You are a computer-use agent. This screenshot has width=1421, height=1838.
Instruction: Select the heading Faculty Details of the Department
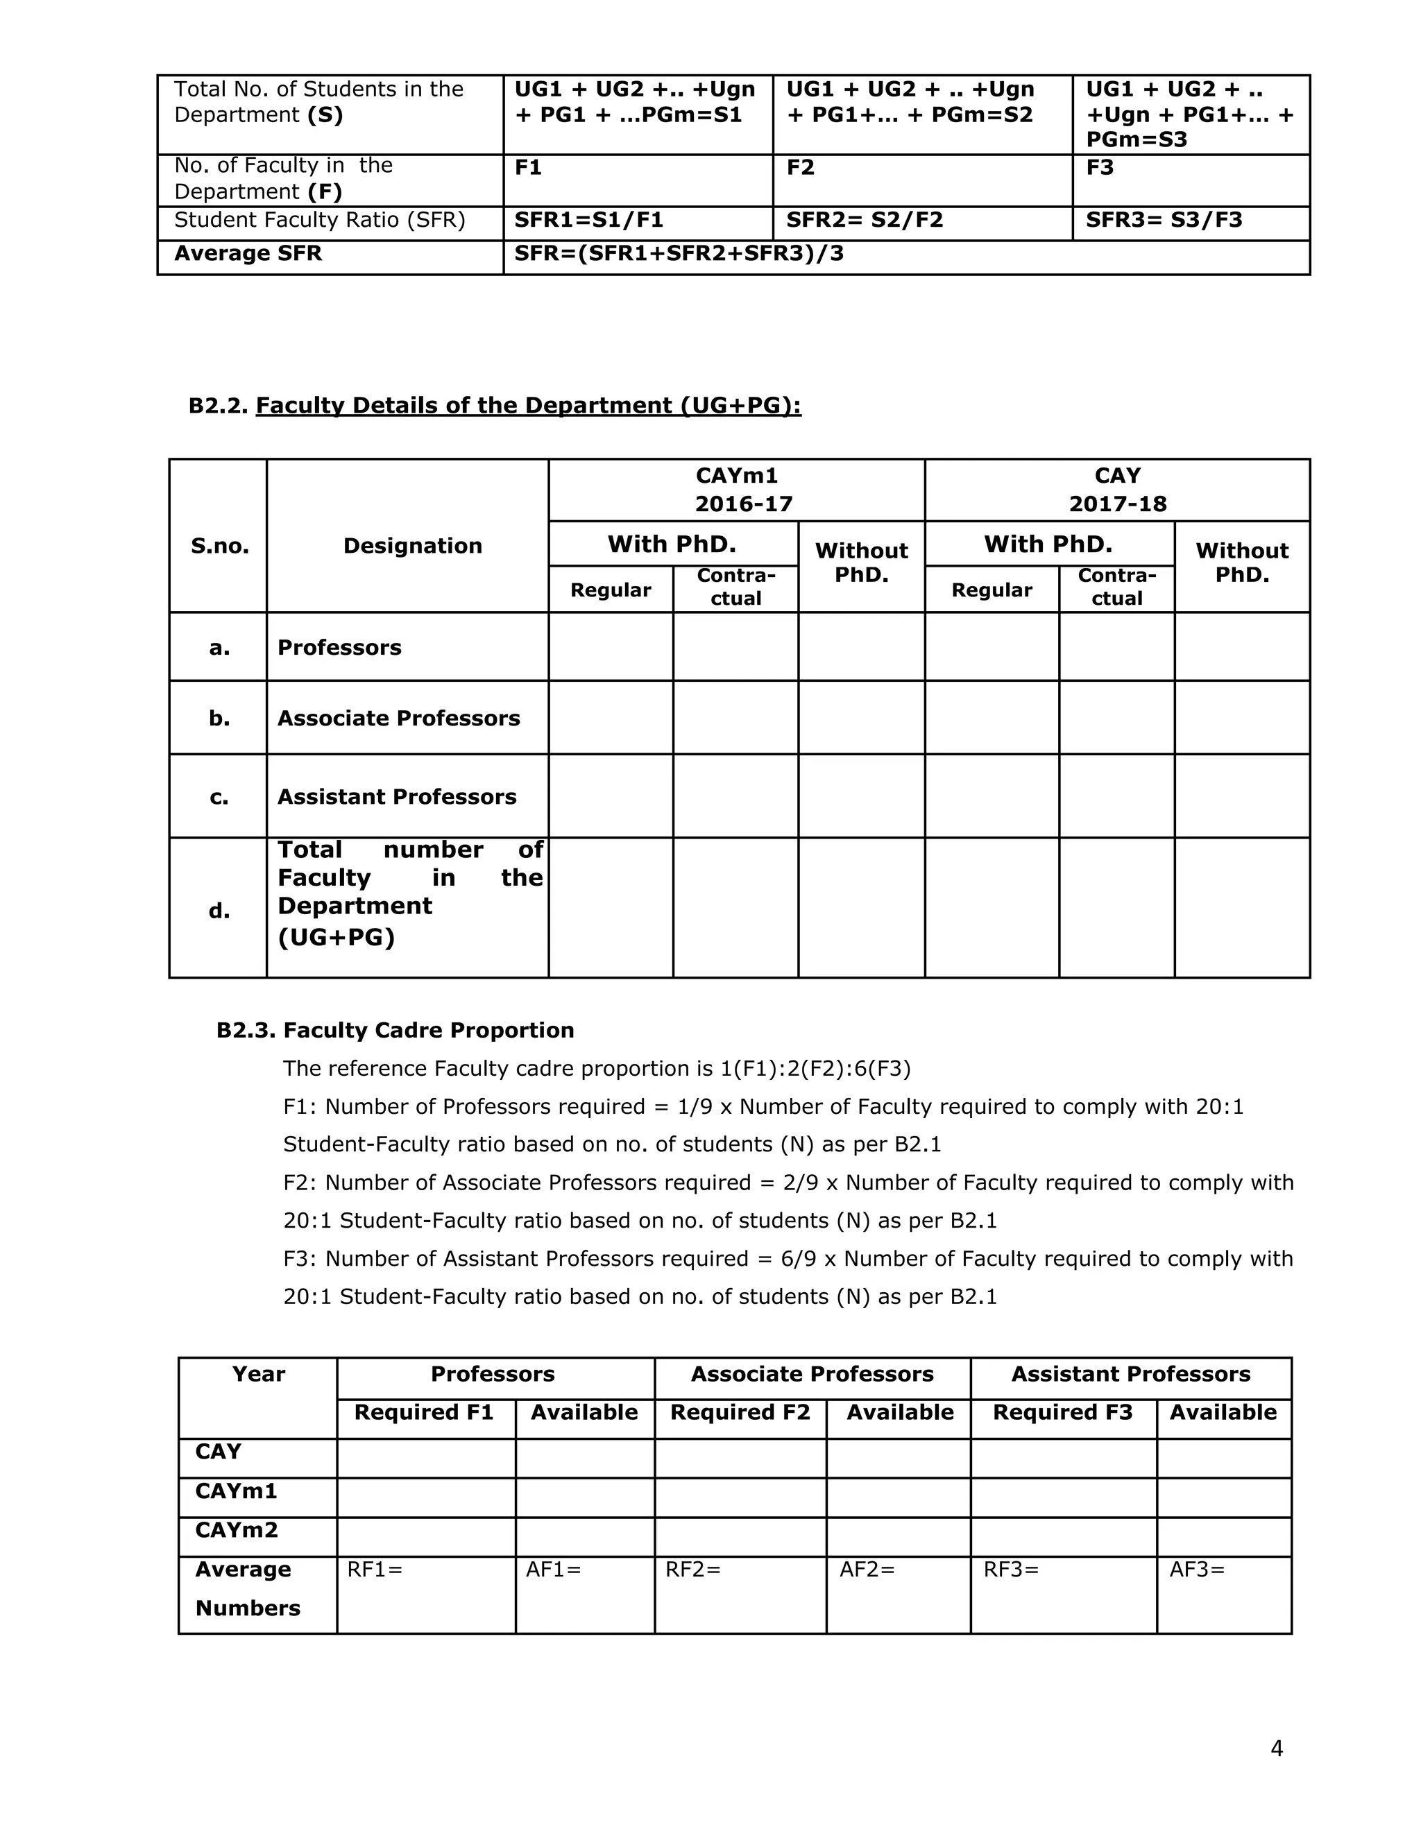coord(528,406)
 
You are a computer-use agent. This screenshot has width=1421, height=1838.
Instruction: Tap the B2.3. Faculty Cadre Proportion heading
coord(395,1030)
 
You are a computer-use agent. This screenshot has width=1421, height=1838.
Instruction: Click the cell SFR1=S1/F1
coord(588,221)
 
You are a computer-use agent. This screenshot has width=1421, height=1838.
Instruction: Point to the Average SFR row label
coord(248,254)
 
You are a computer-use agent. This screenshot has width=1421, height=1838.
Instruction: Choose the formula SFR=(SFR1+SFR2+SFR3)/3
coord(679,254)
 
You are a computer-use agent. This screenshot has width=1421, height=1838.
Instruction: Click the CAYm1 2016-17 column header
coord(737,490)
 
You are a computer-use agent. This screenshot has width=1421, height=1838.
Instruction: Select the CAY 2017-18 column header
coord(1117,490)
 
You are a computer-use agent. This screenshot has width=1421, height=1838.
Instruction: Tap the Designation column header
coord(413,546)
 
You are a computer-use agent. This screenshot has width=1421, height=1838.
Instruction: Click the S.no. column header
coord(220,546)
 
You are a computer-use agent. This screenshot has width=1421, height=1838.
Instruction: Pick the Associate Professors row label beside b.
coord(398,718)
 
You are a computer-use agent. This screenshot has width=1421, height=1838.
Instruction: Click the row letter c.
coord(219,797)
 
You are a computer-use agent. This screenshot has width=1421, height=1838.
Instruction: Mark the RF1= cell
coord(375,1570)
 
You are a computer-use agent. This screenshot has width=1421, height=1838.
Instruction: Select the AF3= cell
coord(1197,1570)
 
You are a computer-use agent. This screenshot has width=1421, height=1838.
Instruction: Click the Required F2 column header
coord(740,1412)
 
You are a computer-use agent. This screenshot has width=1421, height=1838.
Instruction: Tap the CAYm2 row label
coord(237,1530)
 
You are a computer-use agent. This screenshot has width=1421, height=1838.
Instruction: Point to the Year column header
coord(258,1374)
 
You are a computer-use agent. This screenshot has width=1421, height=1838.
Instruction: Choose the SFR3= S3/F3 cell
coord(1164,221)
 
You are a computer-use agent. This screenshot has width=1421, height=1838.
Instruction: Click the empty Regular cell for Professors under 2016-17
coord(611,646)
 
